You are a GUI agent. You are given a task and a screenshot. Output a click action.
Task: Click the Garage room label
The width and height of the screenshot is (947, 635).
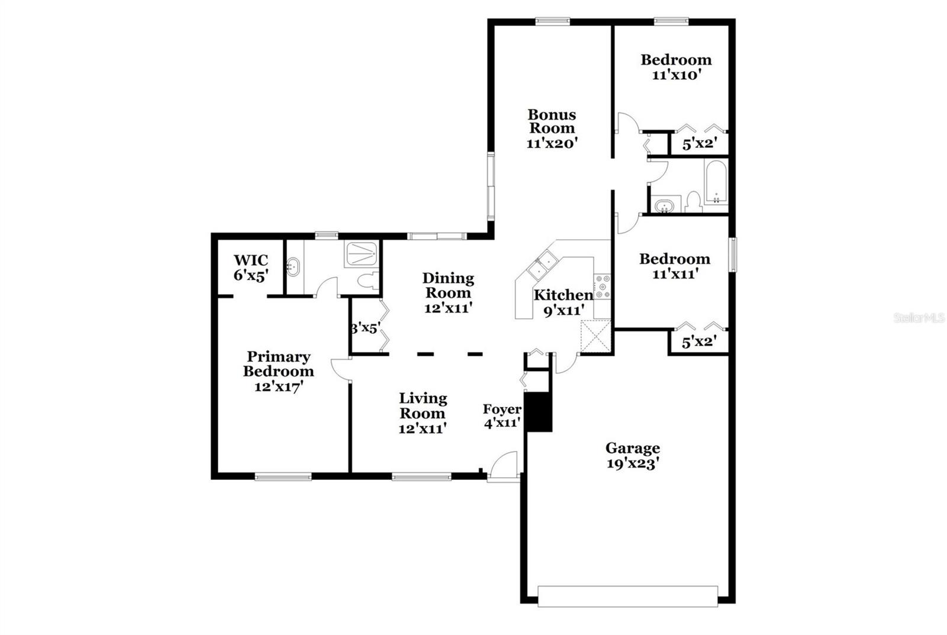pos(633,448)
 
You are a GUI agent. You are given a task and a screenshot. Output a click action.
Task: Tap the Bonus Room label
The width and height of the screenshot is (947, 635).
pos(552,121)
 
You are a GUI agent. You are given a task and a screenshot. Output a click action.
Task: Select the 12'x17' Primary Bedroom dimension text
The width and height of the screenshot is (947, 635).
pos(279,386)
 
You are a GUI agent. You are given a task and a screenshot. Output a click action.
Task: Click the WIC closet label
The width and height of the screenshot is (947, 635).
pos(251,260)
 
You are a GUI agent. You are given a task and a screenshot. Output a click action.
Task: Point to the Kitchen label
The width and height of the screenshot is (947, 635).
pos(563,295)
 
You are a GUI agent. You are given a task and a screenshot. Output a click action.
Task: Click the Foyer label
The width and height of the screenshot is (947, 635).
pos(503,410)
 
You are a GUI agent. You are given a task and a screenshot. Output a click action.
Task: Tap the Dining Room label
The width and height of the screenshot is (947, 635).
pos(448,285)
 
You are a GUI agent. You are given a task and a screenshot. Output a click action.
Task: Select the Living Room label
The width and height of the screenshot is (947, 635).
pos(423,405)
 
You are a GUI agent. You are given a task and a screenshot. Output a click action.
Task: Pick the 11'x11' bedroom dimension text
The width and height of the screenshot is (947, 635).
pos(675,275)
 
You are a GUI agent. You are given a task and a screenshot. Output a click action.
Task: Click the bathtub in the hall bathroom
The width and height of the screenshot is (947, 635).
pos(716,182)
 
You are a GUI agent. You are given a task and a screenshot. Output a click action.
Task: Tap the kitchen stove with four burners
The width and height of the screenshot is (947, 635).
pos(603,287)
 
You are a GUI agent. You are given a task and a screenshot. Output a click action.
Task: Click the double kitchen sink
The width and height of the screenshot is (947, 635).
pos(541,265)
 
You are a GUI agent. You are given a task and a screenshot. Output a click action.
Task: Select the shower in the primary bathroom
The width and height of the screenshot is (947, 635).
pos(362,254)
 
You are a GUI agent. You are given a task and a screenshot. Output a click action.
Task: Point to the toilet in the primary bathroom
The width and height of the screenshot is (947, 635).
pos(368,281)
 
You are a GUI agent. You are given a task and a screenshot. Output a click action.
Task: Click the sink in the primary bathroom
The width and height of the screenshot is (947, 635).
pos(292,267)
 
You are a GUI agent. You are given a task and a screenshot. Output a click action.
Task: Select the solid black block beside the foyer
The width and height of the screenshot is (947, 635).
pos(538,412)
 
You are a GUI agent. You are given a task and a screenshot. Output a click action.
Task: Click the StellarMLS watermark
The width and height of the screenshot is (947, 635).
pos(919,318)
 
